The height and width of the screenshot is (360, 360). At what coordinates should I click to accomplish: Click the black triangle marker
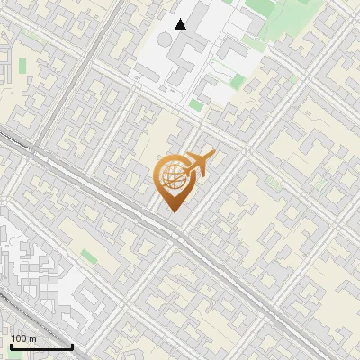click(x=181, y=24)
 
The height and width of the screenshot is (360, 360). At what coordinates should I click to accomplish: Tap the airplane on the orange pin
click(x=194, y=166)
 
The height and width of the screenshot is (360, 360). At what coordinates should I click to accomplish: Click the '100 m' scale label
click(x=23, y=338)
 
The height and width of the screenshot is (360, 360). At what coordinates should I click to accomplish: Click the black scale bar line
click(x=41, y=346)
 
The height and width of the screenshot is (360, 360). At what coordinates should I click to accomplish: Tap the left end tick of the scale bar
click(x=11, y=346)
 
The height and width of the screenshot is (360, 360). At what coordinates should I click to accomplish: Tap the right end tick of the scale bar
click(x=72, y=346)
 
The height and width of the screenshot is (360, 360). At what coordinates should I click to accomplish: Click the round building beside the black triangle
click(x=166, y=40)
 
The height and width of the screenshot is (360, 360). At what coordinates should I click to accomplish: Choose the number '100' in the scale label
click(x=20, y=338)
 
